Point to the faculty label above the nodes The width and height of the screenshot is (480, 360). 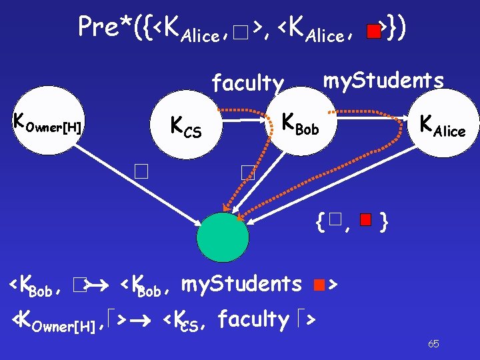point(247,83)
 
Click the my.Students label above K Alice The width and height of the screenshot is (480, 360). point(383,81)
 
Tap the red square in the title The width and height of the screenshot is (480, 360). point(375,30)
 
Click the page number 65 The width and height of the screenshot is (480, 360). point(433,344)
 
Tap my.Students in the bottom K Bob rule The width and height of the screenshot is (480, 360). point(241,285)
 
